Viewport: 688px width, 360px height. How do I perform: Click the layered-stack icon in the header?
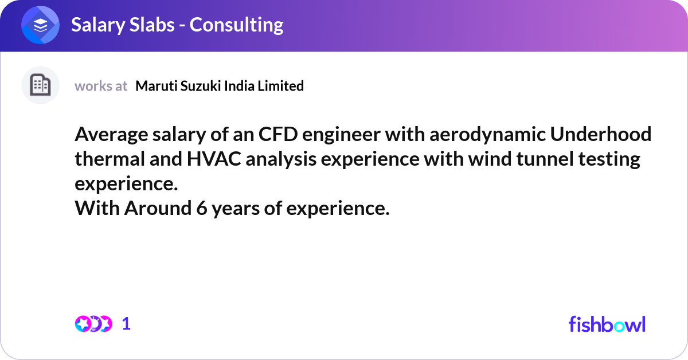click(x=41, y=26)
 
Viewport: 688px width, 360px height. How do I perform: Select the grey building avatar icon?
click(x=40, y=85)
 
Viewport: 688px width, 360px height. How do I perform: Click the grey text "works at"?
click(x=101, y=86)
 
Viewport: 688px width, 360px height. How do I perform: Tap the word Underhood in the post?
click(x=600, y=135)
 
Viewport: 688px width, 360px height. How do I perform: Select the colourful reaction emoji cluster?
click(x=93, y=324)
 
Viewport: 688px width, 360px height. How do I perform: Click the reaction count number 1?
click(x=126, y=324)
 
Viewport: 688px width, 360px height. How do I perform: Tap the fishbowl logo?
click(x=607, y=324)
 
